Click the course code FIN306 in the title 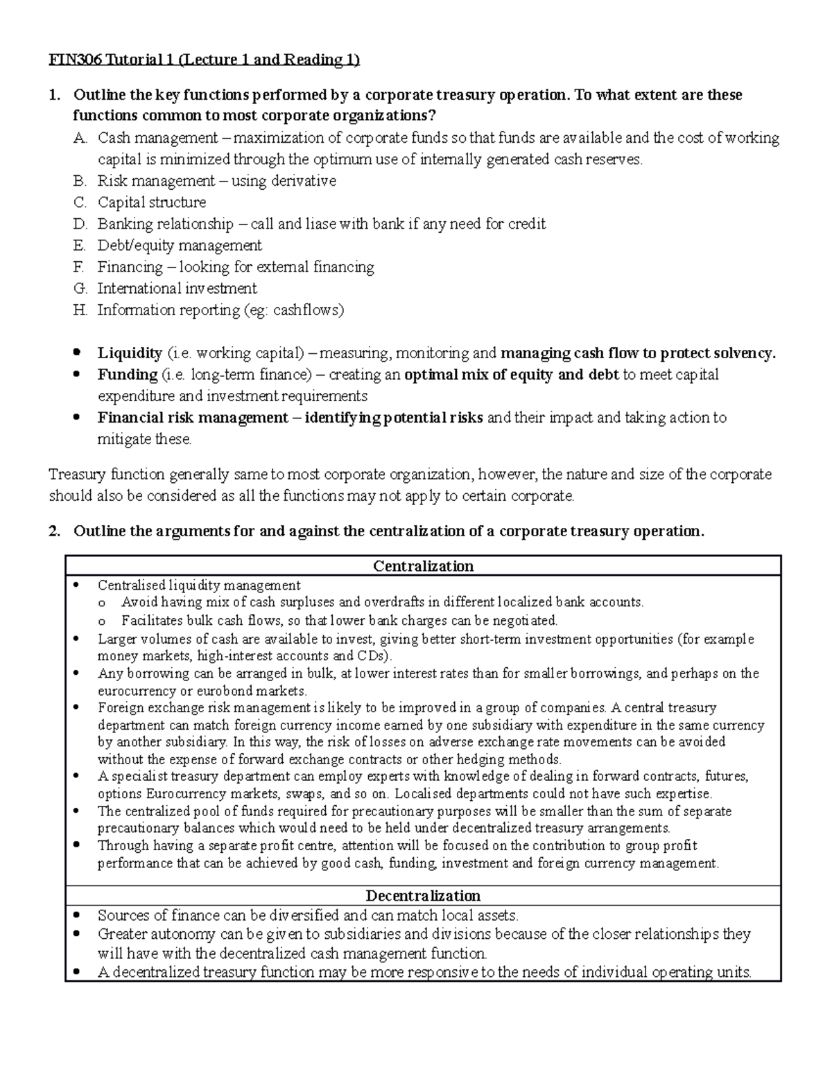tap(75, 60)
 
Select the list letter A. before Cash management tap(80, 138)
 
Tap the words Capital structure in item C tap(151, 202)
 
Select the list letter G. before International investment tap(80, 288)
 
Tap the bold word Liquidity tap(129, 353)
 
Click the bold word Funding tap(127, 375)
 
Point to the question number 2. tap(53, 531)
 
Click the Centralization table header tap(423, 566)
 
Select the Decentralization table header tap(423, 895)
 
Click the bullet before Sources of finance tap(78, 915)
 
